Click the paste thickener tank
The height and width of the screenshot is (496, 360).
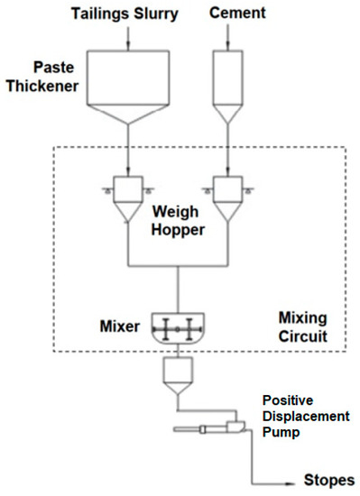click(132, 90)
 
